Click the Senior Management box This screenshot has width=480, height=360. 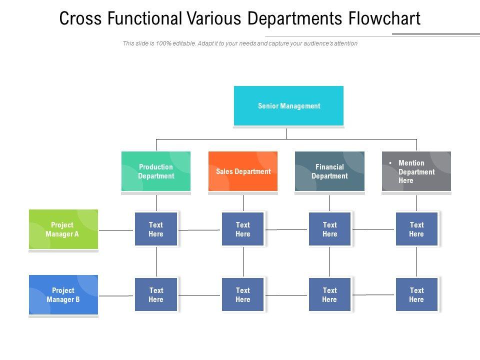pyautogui.click(x=289, y=106)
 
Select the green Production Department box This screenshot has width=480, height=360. pyautogui.click(x=156, y=171)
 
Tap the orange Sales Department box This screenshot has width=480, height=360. pyautogui.click(x=243, y=171)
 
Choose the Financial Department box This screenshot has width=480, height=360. pyautogui.click(x=329, y=171)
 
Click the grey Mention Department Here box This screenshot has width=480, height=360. pyautogui.click(x=416, y=171)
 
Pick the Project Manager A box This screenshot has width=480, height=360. pyautogui.click(x=63, y=229)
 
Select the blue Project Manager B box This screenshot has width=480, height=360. pyautogui.click(x=63, y=295)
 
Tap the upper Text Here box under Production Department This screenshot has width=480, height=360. pyautogui.click(x=156, y=229)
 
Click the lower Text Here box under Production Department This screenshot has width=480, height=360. pyautogui.click(x=156, y=295)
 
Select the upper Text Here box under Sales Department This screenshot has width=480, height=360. pyautogui.click(x=243, y=229)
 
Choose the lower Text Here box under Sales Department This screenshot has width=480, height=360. pyautogui.click(x=243, y=295)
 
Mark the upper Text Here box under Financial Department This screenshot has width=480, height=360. pyautogui.click(x=329, y=229)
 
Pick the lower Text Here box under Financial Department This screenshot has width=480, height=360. pyautogui.click(x=329, y=295)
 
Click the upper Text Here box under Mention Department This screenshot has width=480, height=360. pyautogui.click(x=416, y=229)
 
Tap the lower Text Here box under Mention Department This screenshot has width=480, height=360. pyautogui.click(x=416, y=295)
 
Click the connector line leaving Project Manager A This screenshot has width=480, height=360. pyautogui.click(x=116, y=230)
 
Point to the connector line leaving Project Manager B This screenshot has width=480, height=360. pyautogui.click(x=116, y=296)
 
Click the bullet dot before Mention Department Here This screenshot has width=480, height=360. pyautogui.click(x=390, y=163)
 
